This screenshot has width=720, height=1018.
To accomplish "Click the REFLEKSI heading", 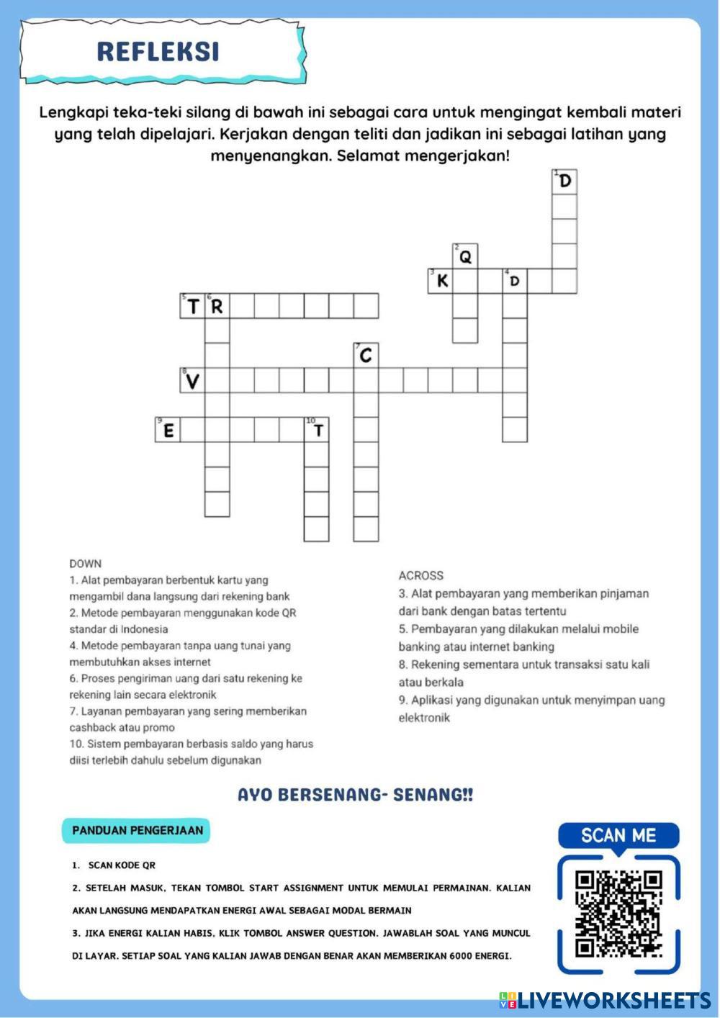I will point(158,52).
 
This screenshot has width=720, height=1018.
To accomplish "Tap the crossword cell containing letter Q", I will point(465,256).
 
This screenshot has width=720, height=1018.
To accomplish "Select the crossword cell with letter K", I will point(441,281).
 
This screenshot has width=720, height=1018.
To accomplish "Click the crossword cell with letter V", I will point(192,380).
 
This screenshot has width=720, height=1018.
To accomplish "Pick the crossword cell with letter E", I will point(168,430).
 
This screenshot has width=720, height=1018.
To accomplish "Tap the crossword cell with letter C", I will point(366,355).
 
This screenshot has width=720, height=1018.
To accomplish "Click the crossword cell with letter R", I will point(217,306).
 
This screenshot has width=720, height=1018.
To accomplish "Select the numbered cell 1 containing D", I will point(564,181).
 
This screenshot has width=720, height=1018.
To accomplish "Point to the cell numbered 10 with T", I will point(317,430).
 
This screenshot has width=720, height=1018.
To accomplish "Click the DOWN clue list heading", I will point(86,564).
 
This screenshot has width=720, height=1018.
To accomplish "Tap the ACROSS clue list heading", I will point(421,575).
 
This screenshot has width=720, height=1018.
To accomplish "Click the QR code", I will point(618,914).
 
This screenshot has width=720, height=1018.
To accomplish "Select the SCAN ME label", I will point(618,835).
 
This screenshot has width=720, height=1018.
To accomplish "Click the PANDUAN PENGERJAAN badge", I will point(138,830).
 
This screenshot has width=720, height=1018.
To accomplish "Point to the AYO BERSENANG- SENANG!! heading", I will point(356,795).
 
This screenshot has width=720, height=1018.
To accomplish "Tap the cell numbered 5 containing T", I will point(192,306).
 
